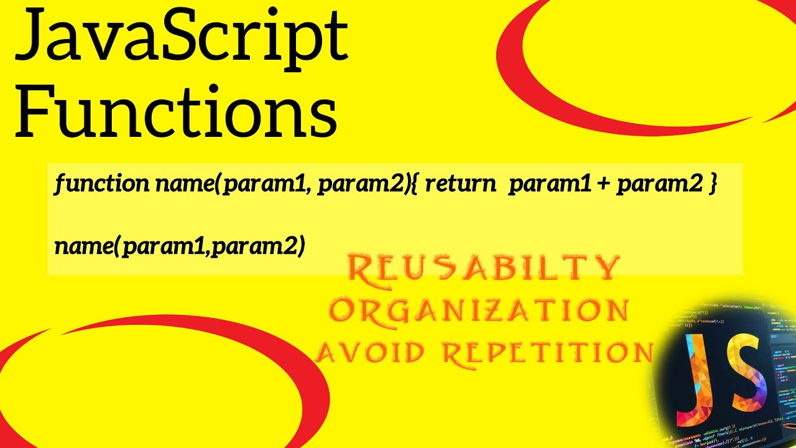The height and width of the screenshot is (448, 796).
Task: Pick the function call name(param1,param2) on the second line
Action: (180, 247)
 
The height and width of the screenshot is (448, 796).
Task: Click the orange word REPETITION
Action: (547, 352)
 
